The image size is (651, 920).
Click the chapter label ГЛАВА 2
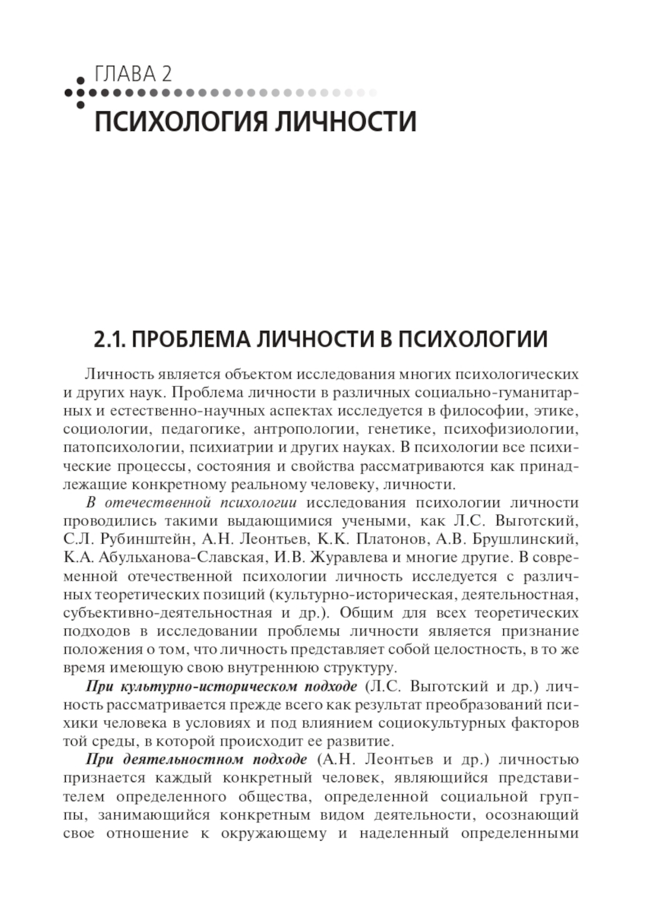click(x=133, y=74)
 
